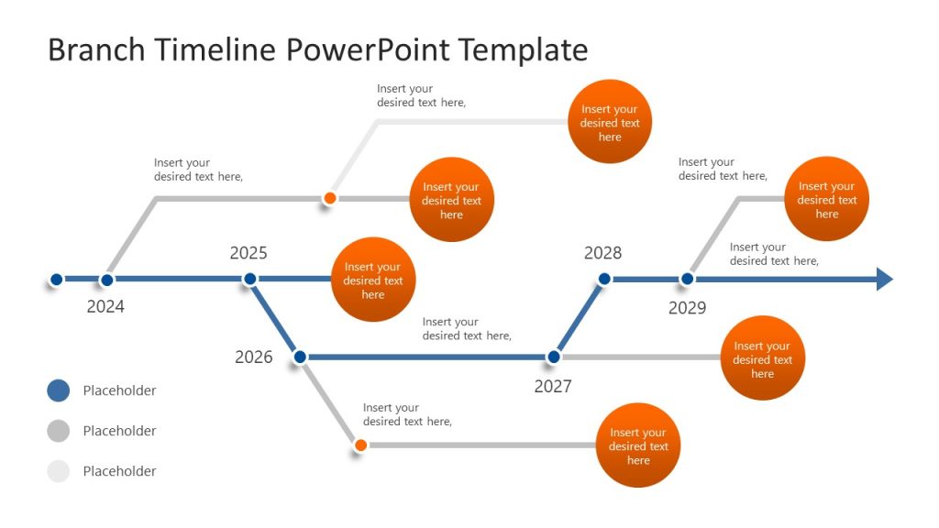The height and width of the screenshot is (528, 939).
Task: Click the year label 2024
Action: point(105,307)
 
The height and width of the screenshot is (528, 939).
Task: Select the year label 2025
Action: point(249,253)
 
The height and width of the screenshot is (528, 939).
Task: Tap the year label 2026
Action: point(254,357)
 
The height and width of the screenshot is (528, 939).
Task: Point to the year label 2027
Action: point(553,386)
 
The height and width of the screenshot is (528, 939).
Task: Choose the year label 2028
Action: point(602,253)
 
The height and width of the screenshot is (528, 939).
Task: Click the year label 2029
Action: point(687,308)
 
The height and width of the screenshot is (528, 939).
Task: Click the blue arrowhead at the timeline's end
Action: point(884,280)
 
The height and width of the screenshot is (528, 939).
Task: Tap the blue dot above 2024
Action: point(107,280)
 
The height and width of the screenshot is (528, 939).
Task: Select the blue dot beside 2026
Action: point(300,357)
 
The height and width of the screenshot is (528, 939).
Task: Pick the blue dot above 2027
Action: point(553,357)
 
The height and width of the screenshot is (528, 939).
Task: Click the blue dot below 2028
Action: point(604,279)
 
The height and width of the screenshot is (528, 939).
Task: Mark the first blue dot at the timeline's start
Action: point(56,280)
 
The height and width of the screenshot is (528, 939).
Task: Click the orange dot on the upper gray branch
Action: point(330,198)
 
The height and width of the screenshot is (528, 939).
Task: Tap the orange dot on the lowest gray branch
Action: point(360,445)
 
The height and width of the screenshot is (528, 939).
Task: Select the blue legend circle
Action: point(58,390)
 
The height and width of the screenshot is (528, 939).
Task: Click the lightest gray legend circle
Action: point(58,471)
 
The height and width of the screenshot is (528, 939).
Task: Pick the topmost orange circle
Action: point(610,122)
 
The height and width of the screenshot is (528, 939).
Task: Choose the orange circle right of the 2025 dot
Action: point(373,280)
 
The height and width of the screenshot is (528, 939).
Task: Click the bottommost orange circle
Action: point(638,445)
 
